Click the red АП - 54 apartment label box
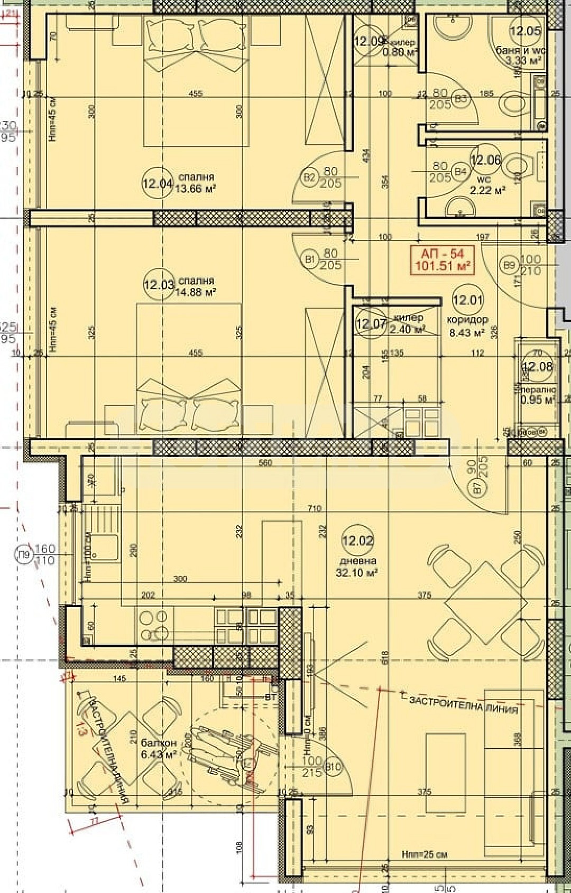(x=443, y=260)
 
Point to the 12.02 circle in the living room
(x=358, y=541)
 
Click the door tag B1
(x=310, y=259)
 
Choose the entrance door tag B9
(x=509, y=265)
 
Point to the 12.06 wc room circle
(x=484, y=160)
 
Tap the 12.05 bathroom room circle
(x=525, y=31)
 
